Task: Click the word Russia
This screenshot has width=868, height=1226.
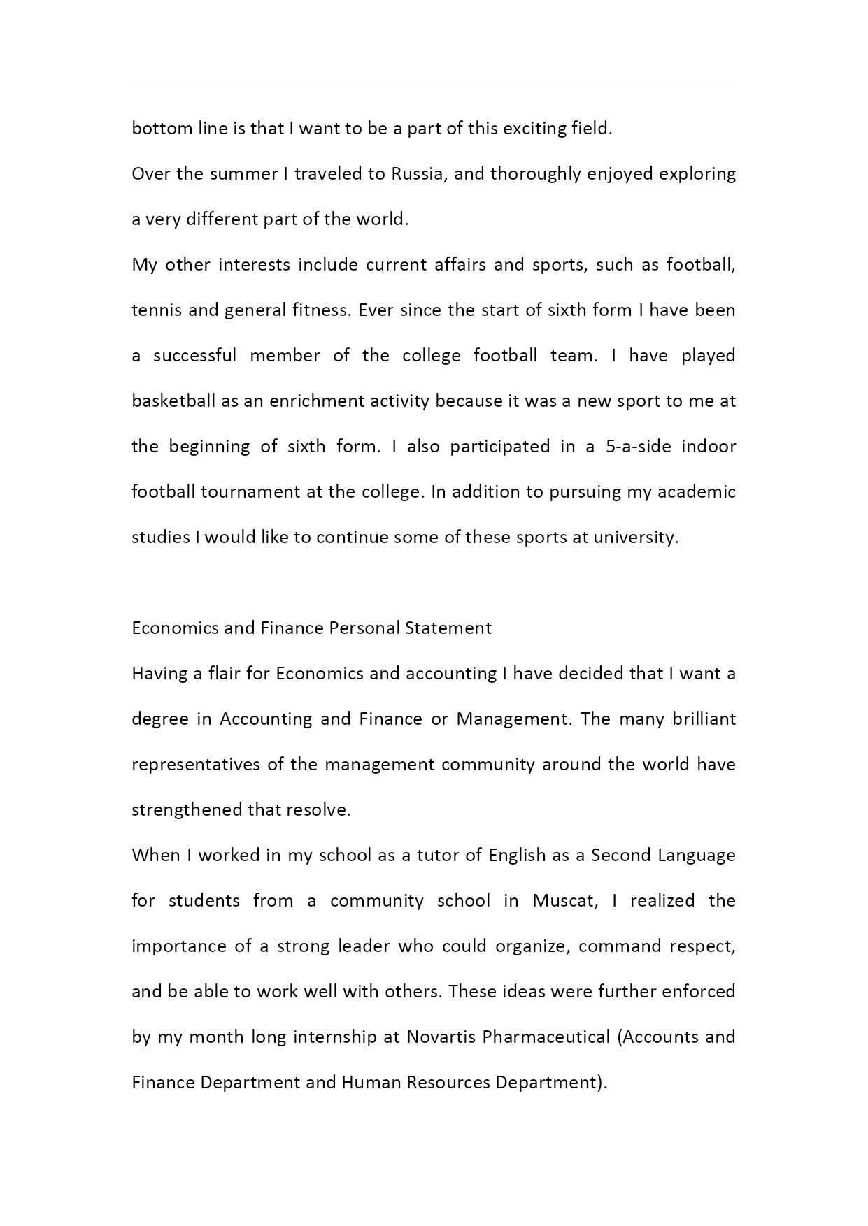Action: tap(418, 174)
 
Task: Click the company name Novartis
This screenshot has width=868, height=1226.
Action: tap(441, 1037)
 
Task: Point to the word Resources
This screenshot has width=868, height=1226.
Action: tap(448, 1083)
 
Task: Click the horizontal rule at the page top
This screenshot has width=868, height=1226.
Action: tap(434, 80)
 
